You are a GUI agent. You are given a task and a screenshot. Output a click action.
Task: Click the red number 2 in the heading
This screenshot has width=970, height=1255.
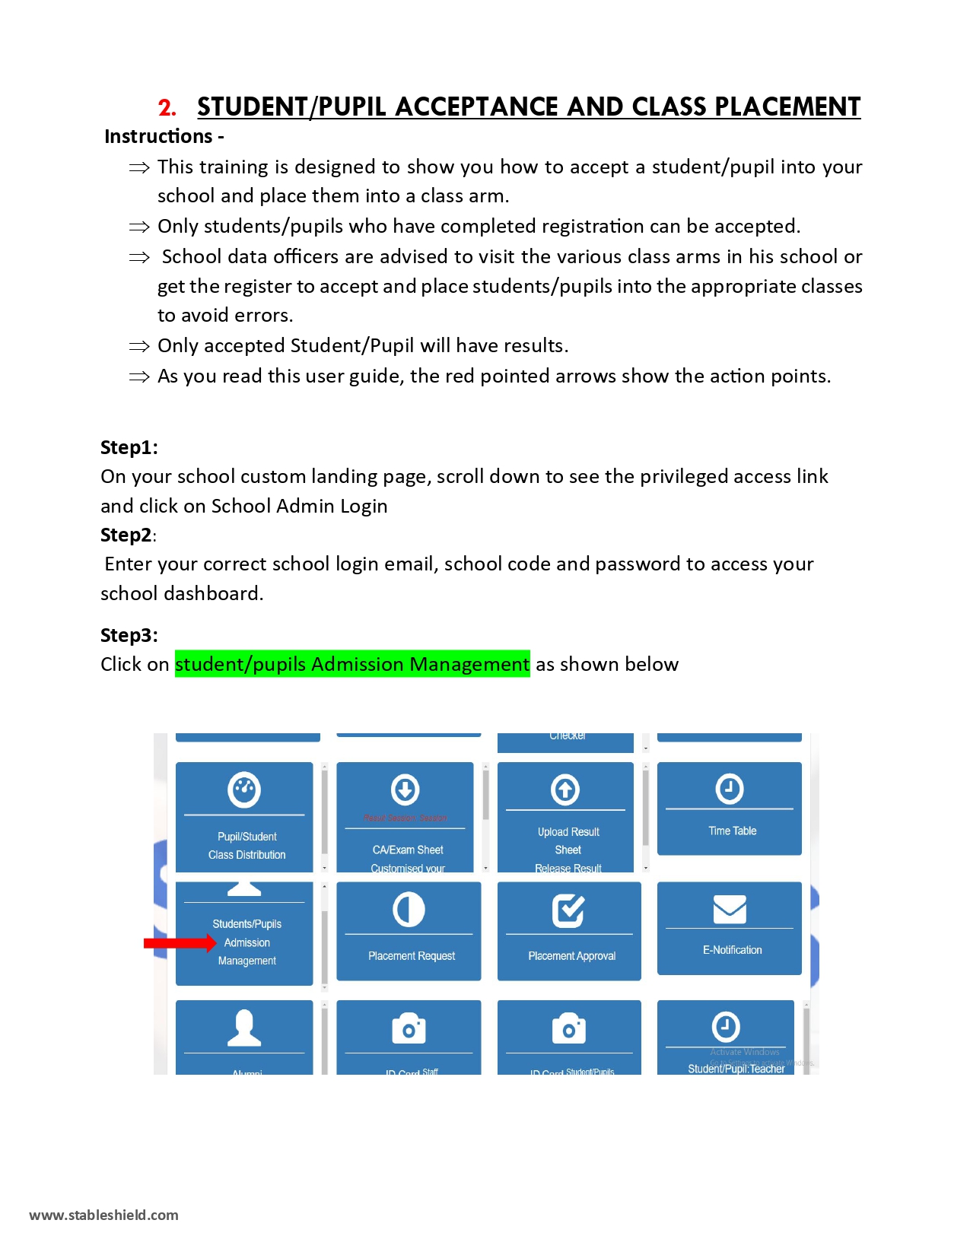point(167,108)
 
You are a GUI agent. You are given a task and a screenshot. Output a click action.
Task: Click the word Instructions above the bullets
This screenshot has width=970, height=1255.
point(158,136)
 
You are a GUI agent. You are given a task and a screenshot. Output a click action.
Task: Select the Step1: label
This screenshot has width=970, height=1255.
point(129,447)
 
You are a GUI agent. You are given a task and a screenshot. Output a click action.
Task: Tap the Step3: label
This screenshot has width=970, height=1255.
point(129,635)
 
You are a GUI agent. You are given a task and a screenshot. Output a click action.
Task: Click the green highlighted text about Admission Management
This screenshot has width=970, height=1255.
point(352,664)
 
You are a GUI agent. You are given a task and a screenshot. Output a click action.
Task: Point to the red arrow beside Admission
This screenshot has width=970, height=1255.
point(180,943)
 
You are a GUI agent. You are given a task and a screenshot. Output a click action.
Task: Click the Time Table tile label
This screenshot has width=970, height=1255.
point(732,831)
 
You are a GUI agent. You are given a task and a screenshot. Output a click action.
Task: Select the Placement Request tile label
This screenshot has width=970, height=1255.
point(412,956)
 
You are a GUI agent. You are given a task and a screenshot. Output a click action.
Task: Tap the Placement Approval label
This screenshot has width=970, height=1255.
point(571,956)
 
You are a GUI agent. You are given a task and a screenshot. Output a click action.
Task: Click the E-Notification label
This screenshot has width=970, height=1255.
point(732,950)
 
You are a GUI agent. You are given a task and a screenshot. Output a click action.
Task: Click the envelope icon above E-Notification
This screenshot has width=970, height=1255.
point(729,909)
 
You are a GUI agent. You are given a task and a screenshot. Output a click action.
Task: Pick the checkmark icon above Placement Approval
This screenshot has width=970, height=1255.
point(568,910)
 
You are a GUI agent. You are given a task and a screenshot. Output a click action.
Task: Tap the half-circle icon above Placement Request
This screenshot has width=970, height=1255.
point(409,910)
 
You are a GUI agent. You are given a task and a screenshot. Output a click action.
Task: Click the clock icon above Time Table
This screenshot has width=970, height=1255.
point(729,789)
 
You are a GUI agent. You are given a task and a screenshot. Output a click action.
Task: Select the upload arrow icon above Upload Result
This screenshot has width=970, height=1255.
point(565,790)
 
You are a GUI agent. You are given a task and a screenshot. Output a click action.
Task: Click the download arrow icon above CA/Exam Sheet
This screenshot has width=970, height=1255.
point(405,790)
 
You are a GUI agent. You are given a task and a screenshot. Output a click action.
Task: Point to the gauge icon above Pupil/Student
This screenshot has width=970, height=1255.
point(244,790)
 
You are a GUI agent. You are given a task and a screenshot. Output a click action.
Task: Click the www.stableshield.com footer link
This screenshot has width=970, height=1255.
point(103,1215)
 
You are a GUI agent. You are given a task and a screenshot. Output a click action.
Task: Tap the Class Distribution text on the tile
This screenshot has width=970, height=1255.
point(247,855)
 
